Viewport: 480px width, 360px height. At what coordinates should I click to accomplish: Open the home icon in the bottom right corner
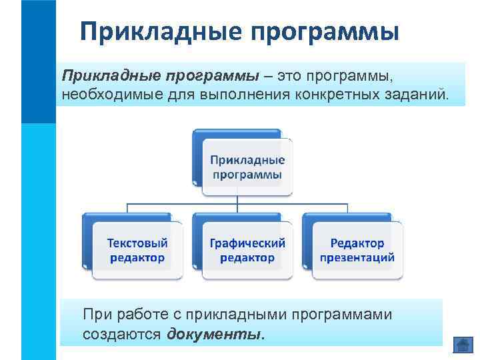coord(462,345)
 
